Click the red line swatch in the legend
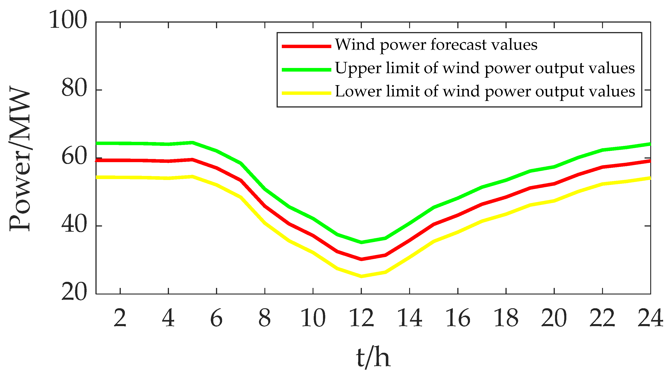point(306,46)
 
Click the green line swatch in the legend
point(306,70)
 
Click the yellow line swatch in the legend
point(306,93)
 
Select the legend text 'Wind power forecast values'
point(436,45)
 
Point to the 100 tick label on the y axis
point(68,20)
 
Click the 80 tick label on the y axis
point(74,89)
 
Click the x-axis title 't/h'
point(373,358)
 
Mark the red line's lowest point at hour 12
point(361,259)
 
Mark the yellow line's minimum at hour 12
point(361,276)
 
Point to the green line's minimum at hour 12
point(361,242)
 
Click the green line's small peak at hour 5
point(192,142)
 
